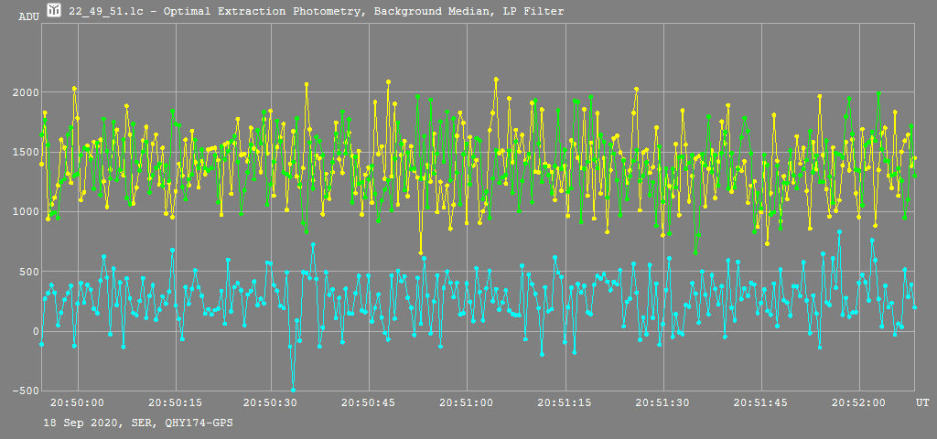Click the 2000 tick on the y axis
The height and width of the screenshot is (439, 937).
coord(26,92)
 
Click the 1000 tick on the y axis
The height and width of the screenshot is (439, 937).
coord(26,212)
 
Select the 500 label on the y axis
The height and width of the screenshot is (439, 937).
coord(29,272)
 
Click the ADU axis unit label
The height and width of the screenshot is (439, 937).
coord(28,16)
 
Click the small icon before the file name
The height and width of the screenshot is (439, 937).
coord(54,11)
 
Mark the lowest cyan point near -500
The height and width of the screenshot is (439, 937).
coord(293,390)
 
